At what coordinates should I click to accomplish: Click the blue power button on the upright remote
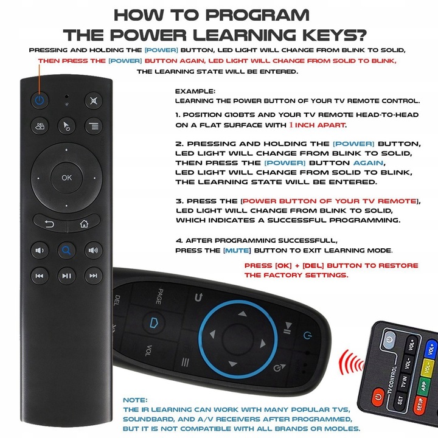point(39,100)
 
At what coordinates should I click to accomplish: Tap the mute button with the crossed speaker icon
point(93,100)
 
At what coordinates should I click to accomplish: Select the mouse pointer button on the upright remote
point(66,127)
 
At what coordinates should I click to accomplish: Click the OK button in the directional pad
point(66,178)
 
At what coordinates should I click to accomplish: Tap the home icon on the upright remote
point(83,223)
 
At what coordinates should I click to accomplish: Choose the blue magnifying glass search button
point(66,249)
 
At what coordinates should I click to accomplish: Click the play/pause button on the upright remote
point(66,276)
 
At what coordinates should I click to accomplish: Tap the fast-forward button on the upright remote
point(93,276)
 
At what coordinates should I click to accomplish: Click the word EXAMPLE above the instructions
point(190,91)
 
